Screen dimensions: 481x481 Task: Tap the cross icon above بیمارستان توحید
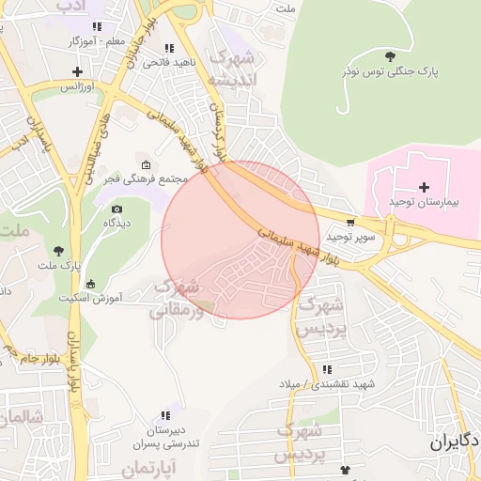(424, 187)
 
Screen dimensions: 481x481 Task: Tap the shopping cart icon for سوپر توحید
(350, 223)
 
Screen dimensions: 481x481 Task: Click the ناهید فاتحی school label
(168, 63)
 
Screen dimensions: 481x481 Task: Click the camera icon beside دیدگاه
(116, 208)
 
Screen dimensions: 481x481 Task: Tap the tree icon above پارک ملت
(59, 250)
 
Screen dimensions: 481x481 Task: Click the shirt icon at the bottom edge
(345, 469)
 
